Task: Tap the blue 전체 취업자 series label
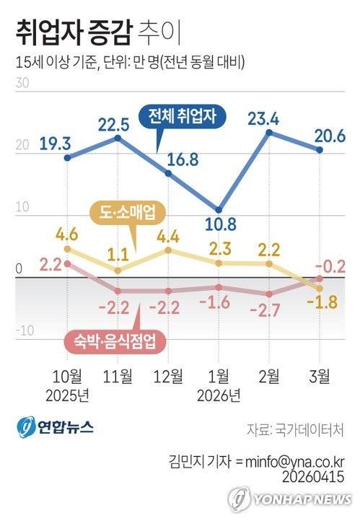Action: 186,116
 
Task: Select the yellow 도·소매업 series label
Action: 127,212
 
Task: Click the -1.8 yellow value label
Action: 318,310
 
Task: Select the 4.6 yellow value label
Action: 67,233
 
